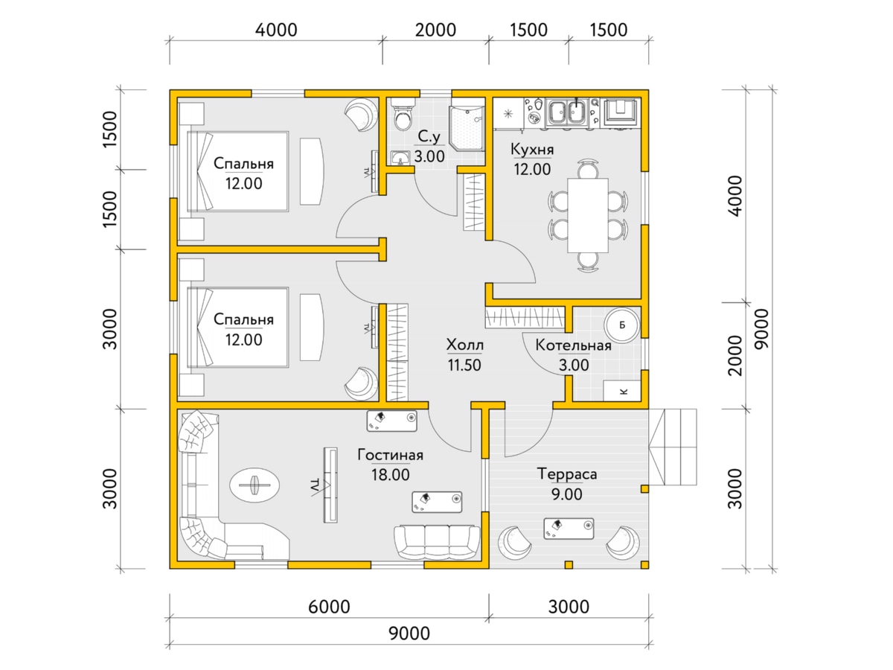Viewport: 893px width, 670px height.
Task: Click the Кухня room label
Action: coord(532,150)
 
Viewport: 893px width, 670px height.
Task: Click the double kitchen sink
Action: coord(567,112)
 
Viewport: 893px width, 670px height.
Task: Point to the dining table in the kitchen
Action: coord(588,215)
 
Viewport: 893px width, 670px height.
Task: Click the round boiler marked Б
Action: coord(621,325)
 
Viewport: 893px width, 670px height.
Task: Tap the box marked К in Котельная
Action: coord(622,391)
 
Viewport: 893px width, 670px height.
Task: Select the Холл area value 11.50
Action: coord(464,365)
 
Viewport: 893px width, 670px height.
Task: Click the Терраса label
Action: coord(567,474)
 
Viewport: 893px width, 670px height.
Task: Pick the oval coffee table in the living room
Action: coord(255,485)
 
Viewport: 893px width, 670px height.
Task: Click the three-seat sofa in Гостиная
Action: coord(437,542)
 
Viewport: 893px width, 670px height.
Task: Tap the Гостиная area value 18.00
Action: coord(390,474)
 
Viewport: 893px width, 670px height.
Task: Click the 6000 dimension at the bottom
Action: coord(329,607)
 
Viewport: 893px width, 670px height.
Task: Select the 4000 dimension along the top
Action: coord(276,30)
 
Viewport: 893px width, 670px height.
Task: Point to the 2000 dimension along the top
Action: coord(435,30)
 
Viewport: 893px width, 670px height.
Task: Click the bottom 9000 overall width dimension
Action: coord(409,634)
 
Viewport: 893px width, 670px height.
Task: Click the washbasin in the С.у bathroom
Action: coord(400,157)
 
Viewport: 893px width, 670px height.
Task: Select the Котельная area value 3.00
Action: coord(574,365)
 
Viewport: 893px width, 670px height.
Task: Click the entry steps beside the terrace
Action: coord(673,447)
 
